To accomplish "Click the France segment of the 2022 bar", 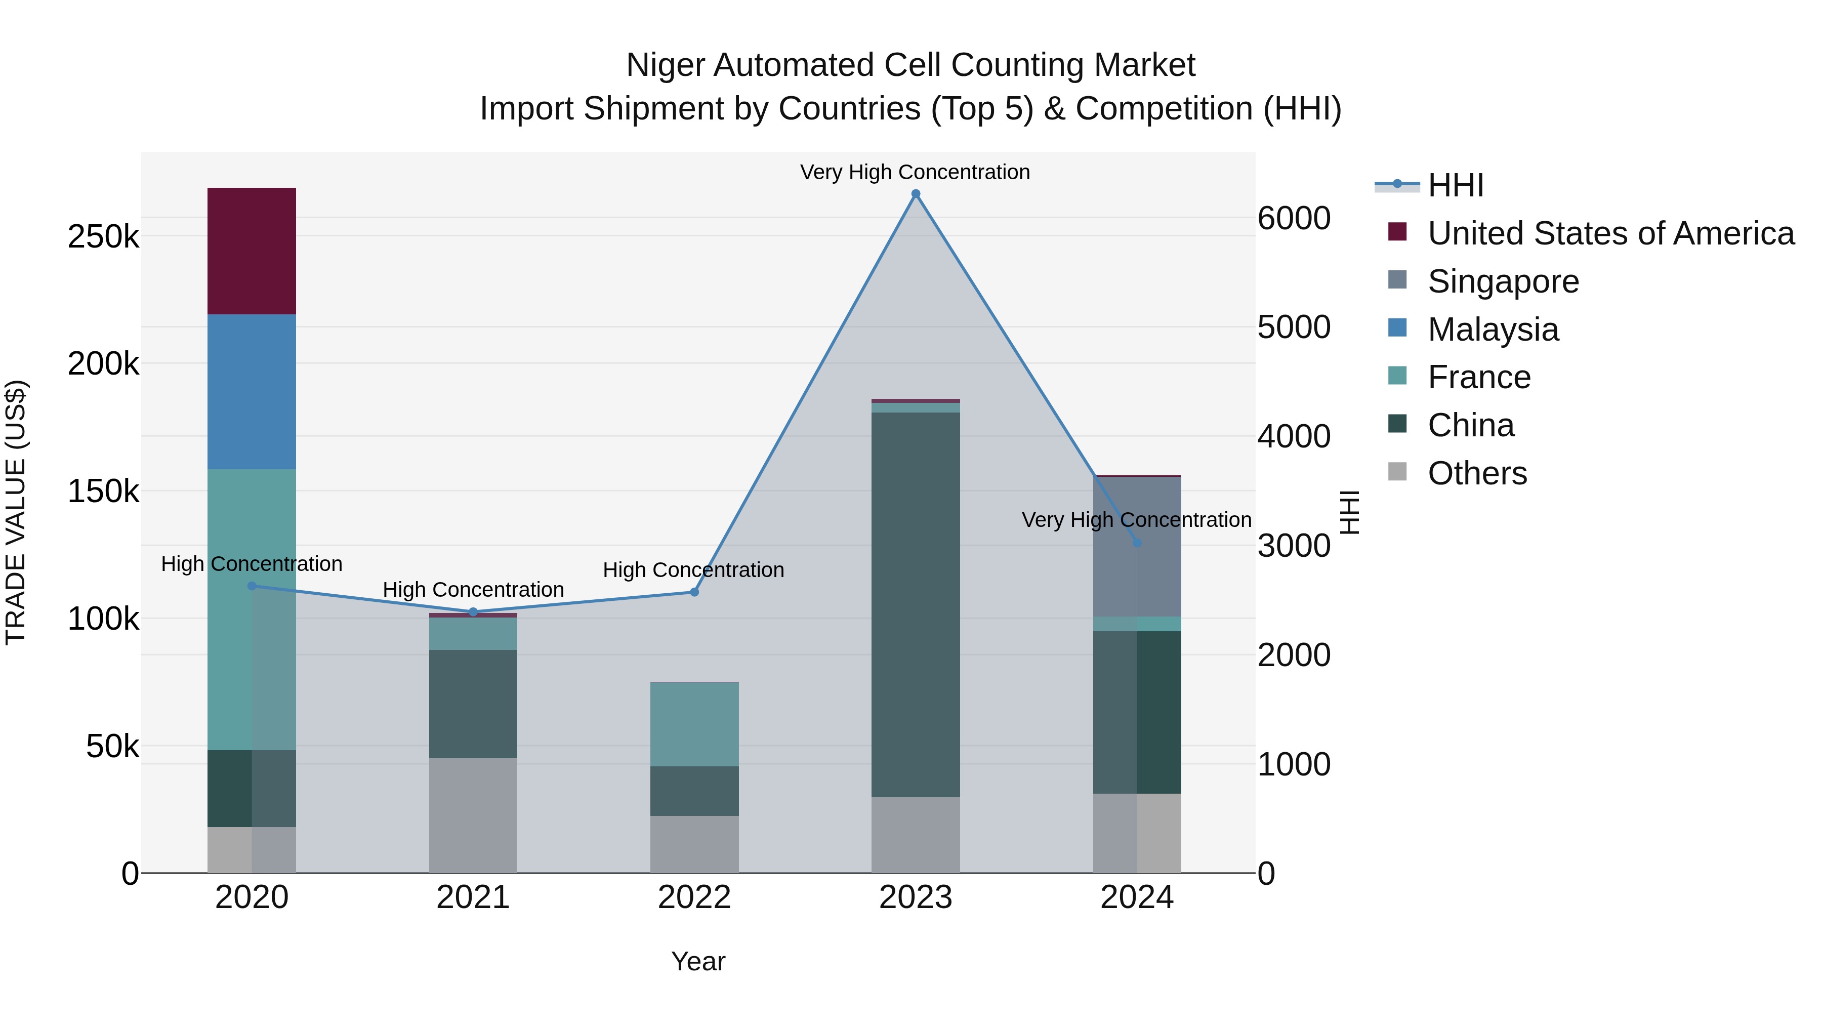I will [x=694, y=724].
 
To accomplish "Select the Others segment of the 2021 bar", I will [x=473, y=815].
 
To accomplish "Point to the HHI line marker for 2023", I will [x=915, y=194].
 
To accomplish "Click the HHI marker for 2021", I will [x=473, y=612].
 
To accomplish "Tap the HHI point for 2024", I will [x=1137, y=543].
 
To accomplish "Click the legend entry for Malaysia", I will [x=1493, y=330].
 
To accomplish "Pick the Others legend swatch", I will [x=1397, y=472].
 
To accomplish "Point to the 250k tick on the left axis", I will [x=103, y=236].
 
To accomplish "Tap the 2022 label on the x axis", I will [x=694, y=897].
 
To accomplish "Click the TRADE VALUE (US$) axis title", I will [x=16, y=512].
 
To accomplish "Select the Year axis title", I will [x=697, y=961].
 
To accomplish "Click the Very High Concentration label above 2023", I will [x=915, y=172].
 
